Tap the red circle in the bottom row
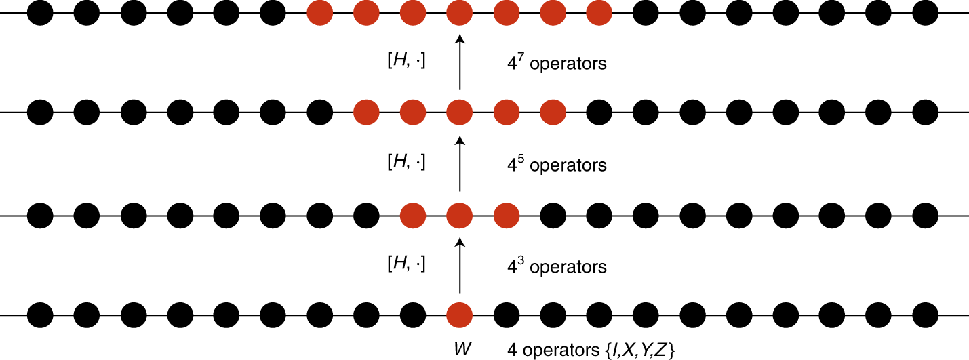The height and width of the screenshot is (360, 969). pos(460,315)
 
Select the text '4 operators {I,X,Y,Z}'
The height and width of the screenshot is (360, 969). pos(591,350)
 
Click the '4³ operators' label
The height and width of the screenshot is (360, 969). pos(557,266)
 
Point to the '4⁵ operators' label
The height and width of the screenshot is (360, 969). pos(557,165)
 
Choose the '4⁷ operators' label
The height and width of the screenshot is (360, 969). pos(557,64)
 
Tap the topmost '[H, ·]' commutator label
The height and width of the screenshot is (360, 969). pos(406,62)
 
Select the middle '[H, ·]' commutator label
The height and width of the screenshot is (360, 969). pos(406,163)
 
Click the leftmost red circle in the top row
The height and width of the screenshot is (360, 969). pos(320,13)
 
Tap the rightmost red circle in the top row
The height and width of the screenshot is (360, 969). pos(599,13)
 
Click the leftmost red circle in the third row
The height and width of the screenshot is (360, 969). pos(413,216)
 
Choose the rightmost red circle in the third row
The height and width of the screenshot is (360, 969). pos(506,216)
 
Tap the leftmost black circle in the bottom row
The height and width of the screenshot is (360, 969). pos(40,315)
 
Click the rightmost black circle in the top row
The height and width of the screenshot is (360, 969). pos(925,13)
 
